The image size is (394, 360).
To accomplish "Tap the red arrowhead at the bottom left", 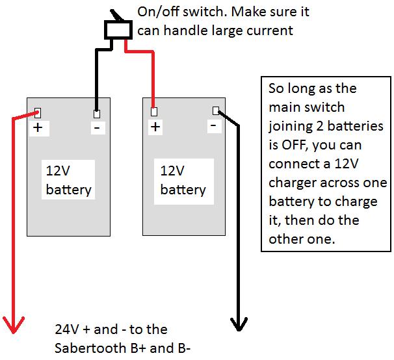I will (x=14, y=323).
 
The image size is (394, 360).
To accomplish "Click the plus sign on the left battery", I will (x=38, y=128).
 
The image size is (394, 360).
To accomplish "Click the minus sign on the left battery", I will (x=96, y=128).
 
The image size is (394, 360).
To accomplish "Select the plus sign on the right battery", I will (x=155, y=127).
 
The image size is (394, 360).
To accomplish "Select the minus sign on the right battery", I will (x=213, y=126).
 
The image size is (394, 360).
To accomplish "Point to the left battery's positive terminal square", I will (x=38, y=111).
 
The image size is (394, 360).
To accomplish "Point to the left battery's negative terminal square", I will (x=97, y=111).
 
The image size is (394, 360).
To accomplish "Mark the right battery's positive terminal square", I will (x=154, y=111).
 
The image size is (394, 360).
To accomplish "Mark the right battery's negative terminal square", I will (x=215, y=110).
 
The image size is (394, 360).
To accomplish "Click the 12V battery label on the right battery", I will (x=183, y=180).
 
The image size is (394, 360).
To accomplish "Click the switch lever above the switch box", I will (x=115, y=15).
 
